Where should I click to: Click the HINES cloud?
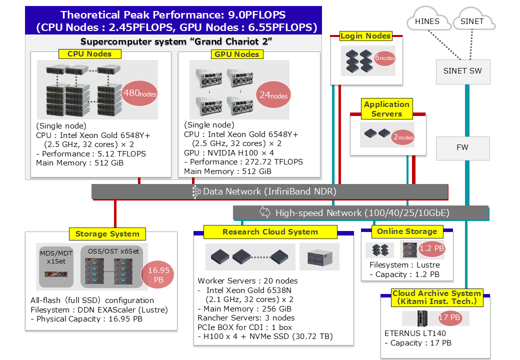tap(428, 20)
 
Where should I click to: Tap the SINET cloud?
tap(473, 20)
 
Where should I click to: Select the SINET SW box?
tap(462, 71)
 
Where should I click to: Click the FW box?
tap(462, 148)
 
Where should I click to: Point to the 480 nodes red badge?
tap(139, 93)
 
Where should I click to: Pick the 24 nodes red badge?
tap(273, 95)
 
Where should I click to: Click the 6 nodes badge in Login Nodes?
tap(384, 57)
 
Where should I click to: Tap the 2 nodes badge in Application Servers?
tap(403, 137)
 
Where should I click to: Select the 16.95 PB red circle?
tap(158, 275)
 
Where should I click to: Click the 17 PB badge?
tap(450, 317)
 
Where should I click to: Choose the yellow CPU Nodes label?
tap(90, 53)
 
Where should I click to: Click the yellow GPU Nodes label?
tap(237, 54)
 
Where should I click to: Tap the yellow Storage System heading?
tap(107, 233)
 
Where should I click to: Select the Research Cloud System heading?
tap(270, 231)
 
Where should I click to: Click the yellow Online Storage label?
tap(407, 231)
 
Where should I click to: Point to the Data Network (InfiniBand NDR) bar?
tap(269, 191)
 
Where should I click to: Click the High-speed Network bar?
tap(361, 213)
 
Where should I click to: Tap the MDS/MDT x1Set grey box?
tap(56, 266)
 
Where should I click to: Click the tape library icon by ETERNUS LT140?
tap(422, 318)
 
